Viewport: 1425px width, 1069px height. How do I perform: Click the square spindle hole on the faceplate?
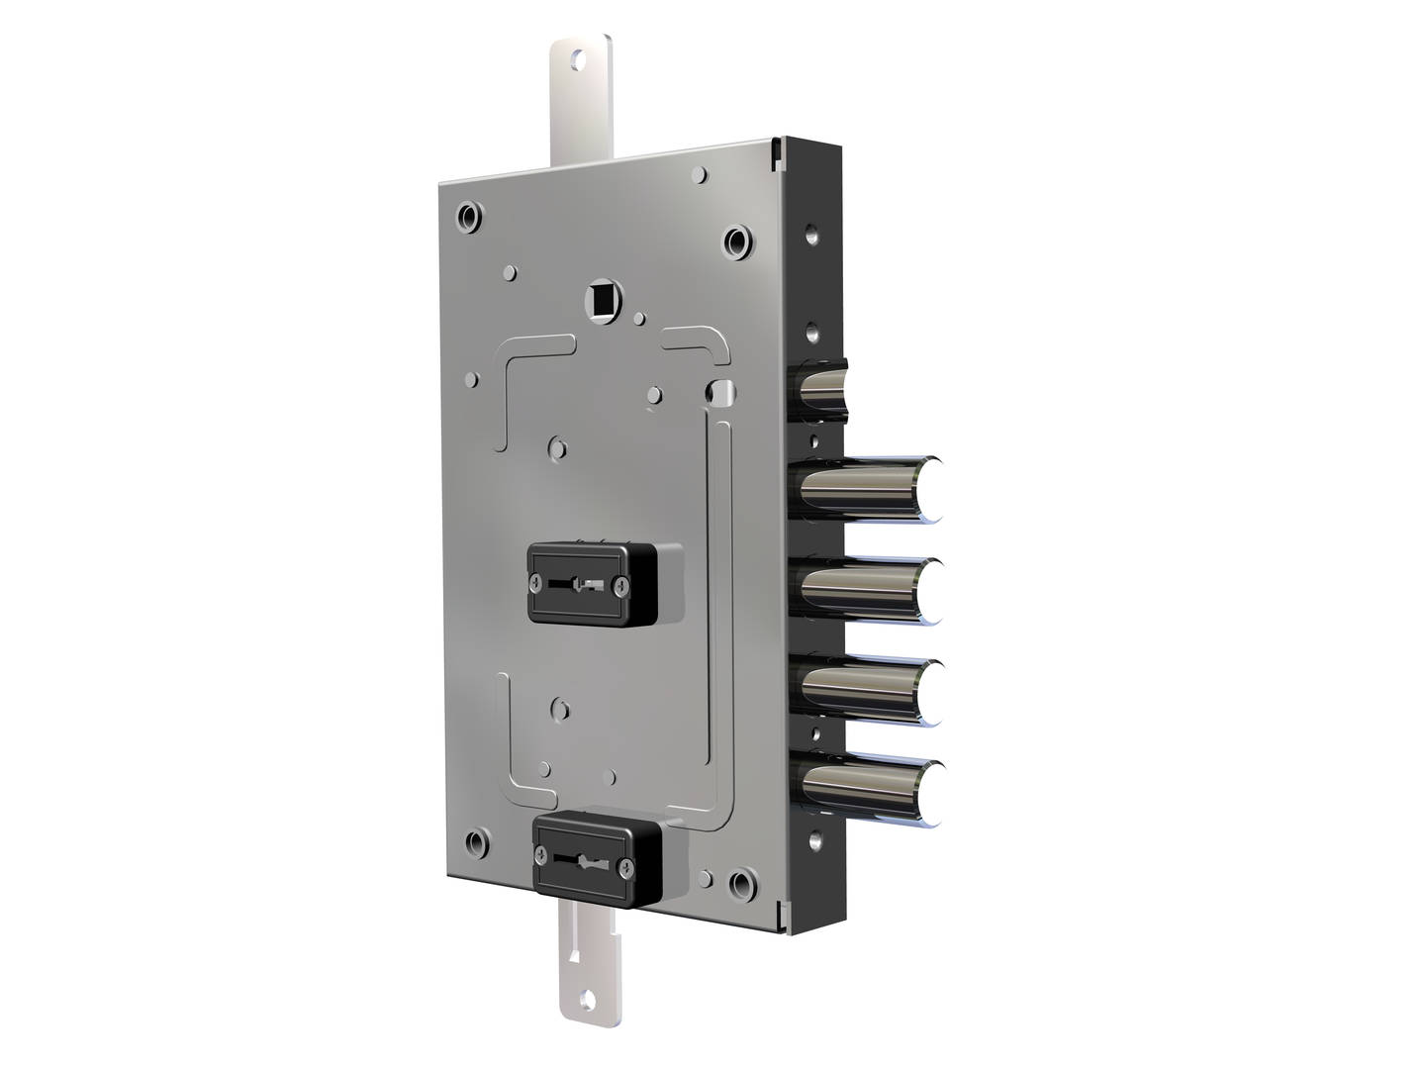pyautogui.click(x=600, y=298)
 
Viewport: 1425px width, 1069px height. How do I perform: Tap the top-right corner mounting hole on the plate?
pyautogui.click(x=737, y=241)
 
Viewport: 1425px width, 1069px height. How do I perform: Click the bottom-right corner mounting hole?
pyautogui.click(x=739, y=882)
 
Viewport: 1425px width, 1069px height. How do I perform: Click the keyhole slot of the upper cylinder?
pyautogui.click(x=577, y=583)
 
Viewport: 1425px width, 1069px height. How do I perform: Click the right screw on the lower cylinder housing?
pyautogui.click(x=628, y=867)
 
